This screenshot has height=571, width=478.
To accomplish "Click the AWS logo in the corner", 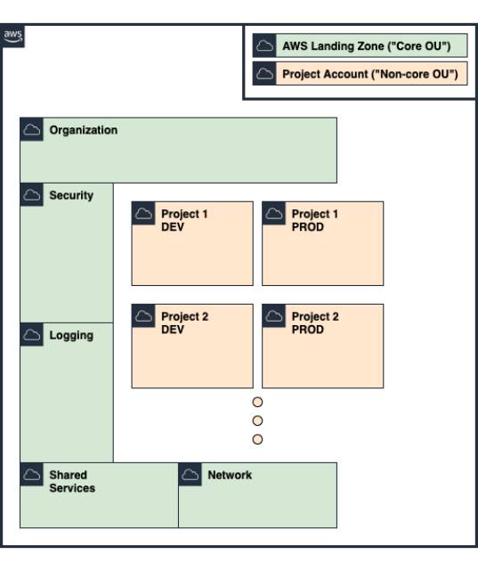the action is point(12,36).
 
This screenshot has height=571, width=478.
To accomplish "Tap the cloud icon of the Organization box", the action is point(32,129).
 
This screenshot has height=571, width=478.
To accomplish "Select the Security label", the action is point(71,195).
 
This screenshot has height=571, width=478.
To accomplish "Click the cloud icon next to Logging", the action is point(32,335).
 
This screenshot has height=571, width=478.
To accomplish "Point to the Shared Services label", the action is point(72,481).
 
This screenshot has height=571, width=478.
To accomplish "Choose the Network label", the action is point(230,475).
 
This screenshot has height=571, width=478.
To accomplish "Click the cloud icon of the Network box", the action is point(190,475).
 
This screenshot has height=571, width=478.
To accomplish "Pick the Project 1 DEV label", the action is point(184,220).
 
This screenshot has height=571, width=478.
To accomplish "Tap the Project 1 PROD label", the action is point(315,220).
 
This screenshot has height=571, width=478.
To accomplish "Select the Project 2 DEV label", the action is point(185,323).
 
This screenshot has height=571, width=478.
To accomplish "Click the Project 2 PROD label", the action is point(315,323).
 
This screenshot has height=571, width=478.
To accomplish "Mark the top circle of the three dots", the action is point(257,402).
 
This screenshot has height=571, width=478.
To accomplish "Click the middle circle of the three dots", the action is point(257,420).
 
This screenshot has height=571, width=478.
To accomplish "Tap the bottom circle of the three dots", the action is point(257,439).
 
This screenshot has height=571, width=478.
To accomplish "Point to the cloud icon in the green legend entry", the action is point(264,45).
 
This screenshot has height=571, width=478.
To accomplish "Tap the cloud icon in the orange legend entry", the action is point(264,74).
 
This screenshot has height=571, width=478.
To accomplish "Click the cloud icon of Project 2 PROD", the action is point(274,315).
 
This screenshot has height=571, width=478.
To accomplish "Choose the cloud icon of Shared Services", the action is point(32,475).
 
